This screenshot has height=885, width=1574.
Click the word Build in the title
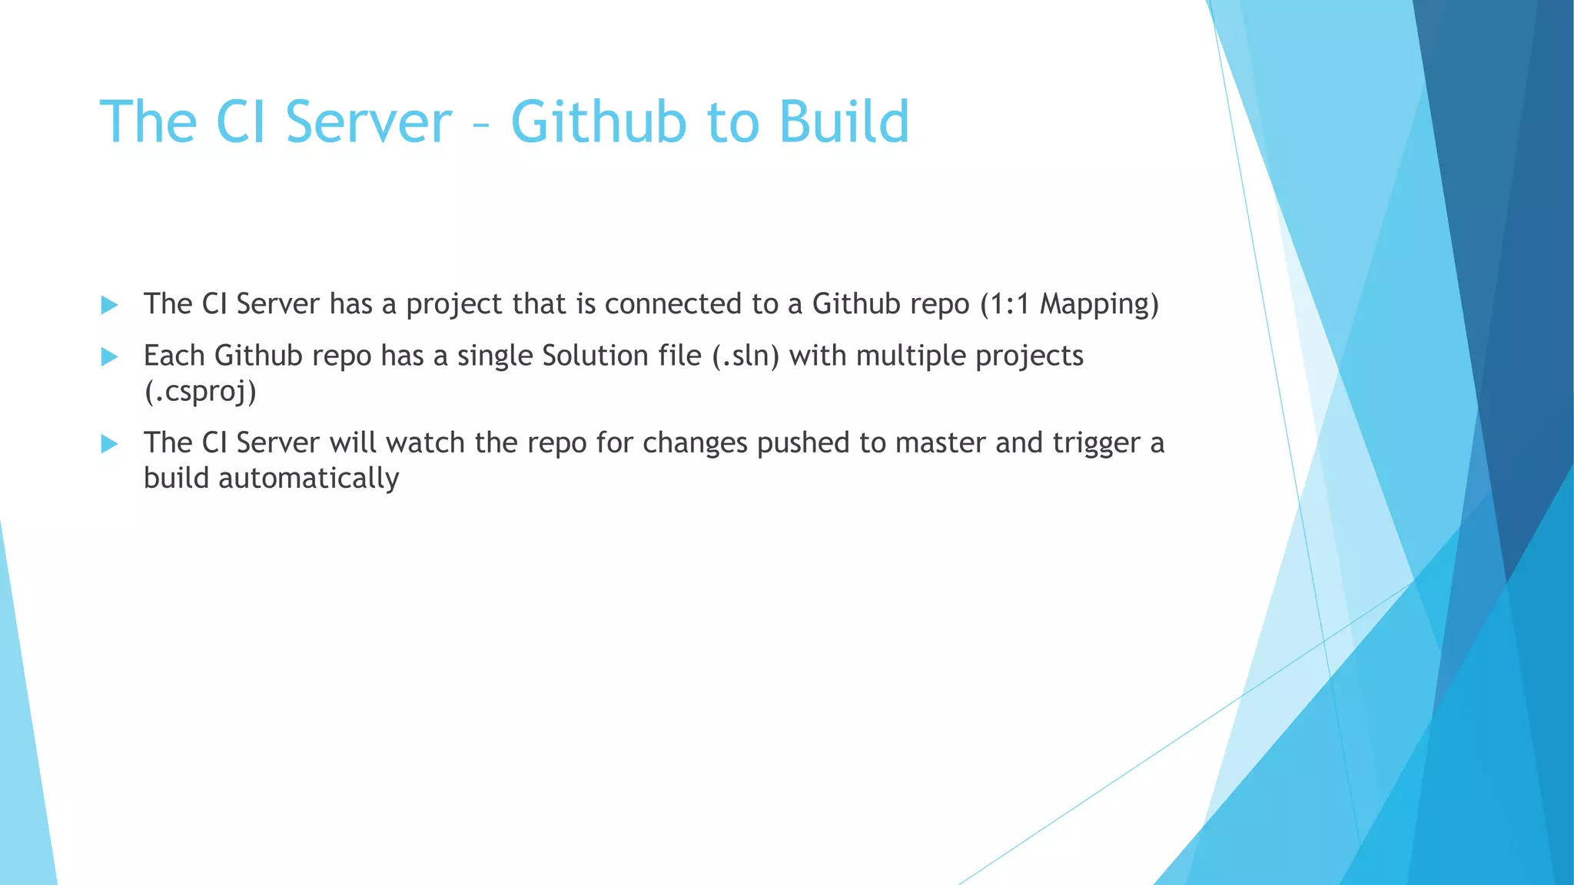pyautogui.click(x=844, y=121)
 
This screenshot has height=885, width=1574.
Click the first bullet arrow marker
pyautogui.click(x=109, y=305)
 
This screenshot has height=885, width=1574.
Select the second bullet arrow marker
pyautogui.click(x=109, y=356)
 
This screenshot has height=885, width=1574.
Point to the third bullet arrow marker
pyautogui.click(x=109, y=443)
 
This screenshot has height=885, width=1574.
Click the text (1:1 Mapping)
pyautogui.click(x=1069, y=304)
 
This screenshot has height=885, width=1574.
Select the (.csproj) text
pyautogui.click(x=200, y=391)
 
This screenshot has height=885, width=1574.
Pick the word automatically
pyautogui.click(x=309, y=478)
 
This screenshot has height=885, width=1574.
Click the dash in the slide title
pyautogui.click(x=481, y=123)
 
